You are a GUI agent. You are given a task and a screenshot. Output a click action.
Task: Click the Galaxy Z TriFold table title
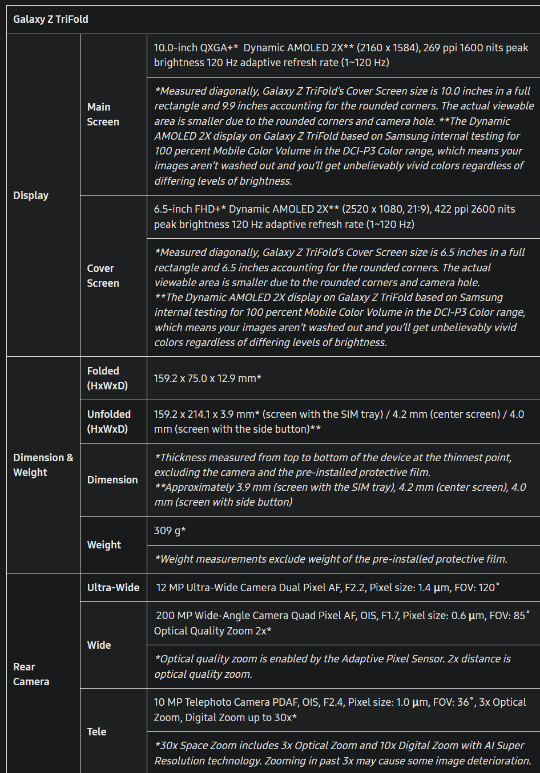point(51,19)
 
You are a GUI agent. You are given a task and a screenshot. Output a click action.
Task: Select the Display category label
point(31,196)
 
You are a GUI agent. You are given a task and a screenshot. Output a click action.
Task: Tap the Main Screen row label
point(103,115)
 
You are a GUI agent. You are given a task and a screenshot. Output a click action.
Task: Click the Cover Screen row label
point(103,276)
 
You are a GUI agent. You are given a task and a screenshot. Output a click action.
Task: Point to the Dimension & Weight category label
point(43,465)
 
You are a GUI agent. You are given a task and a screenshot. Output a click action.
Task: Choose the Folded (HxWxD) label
point(107,379)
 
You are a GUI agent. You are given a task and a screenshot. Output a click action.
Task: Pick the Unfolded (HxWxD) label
point(109,422)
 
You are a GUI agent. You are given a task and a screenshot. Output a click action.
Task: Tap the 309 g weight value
point(170,531)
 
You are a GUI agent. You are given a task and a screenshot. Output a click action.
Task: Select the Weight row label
point(104,545)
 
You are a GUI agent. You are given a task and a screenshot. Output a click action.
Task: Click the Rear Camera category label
point(31,674)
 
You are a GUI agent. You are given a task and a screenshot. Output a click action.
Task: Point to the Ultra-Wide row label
point(113,588)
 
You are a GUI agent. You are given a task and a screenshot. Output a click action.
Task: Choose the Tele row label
point(96,732)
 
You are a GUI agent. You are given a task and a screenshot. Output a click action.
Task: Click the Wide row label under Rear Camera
point(99,645)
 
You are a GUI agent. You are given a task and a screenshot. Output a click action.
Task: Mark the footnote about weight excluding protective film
point(331,559)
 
